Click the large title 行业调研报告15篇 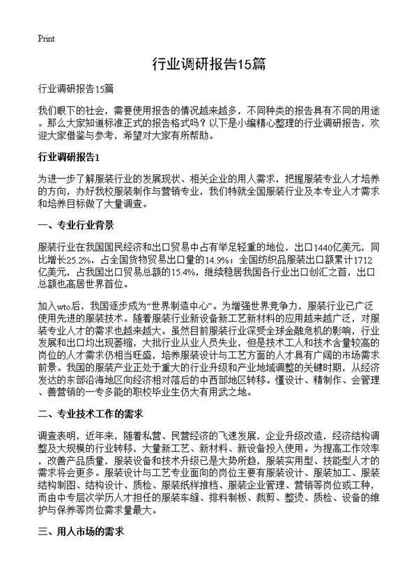tap(208, 65)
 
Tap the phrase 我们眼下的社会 tap(72, 110)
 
